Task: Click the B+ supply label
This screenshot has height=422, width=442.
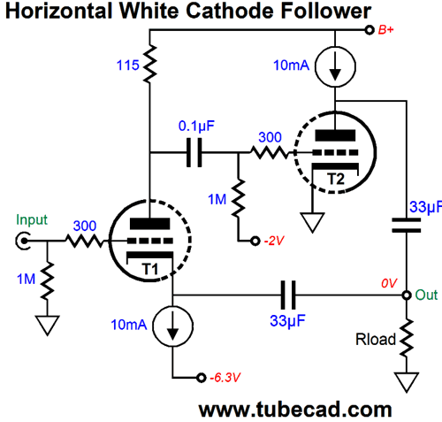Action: point(385,30)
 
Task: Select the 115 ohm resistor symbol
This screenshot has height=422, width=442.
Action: point(149,64)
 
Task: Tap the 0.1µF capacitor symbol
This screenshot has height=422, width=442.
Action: point(194,152)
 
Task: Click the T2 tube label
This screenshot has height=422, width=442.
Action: point(336,179)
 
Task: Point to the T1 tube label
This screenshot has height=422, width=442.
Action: point(150,269)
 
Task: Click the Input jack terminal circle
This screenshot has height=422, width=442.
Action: point(23,241)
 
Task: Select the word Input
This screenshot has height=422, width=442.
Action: point(32,220)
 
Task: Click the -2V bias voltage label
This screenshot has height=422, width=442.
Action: point(274,242)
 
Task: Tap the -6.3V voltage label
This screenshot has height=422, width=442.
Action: point(225,378)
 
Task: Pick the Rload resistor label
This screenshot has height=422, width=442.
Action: point(376,340)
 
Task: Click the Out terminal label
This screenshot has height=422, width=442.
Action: point(426,295)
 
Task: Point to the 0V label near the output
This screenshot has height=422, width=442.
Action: point(389,283)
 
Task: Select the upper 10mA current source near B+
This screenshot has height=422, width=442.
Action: point(335,66)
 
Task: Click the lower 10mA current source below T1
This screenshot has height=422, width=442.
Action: point(172,326)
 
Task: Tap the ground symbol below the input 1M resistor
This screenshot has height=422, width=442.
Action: point(47,326)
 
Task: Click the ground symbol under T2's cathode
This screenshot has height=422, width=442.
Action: point(312,223)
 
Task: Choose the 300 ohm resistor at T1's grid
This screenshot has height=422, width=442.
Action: point(85,241)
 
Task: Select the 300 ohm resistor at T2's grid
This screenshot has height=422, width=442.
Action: point(270,152)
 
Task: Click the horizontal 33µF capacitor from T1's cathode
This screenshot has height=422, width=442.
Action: point(288,295)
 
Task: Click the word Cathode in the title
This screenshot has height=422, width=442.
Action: point(230,11)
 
